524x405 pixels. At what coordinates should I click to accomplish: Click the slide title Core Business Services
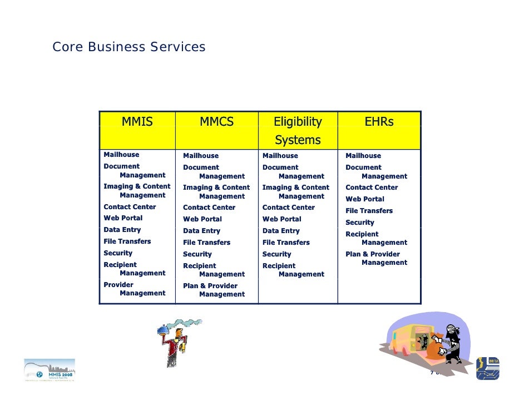pos(128,47)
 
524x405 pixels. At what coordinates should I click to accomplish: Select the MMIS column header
pos(137,122)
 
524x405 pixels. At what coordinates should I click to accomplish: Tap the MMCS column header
pos(216,122)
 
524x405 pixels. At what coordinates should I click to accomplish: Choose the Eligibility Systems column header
pos(298,130)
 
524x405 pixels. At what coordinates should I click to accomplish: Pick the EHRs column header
pos(379,122)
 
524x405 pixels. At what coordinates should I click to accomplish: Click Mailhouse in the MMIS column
pos(121,155)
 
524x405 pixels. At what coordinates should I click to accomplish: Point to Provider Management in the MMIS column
pos(134,289)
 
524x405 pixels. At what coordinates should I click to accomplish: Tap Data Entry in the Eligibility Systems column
pos(281,231)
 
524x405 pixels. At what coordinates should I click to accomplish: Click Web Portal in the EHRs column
pos(364,199)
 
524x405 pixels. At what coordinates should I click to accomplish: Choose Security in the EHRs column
pos(359,223)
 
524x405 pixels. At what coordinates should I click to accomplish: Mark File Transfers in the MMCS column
pos(206,243)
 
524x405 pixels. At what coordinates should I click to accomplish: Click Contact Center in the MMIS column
pos(130,207)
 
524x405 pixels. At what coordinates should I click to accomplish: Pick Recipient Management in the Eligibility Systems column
pos(293,270)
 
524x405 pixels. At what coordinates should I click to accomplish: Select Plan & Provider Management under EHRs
pos(376,258)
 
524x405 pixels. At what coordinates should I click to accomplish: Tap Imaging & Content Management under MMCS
pos(216,192)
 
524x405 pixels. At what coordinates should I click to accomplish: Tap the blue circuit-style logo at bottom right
pos(488,368)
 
